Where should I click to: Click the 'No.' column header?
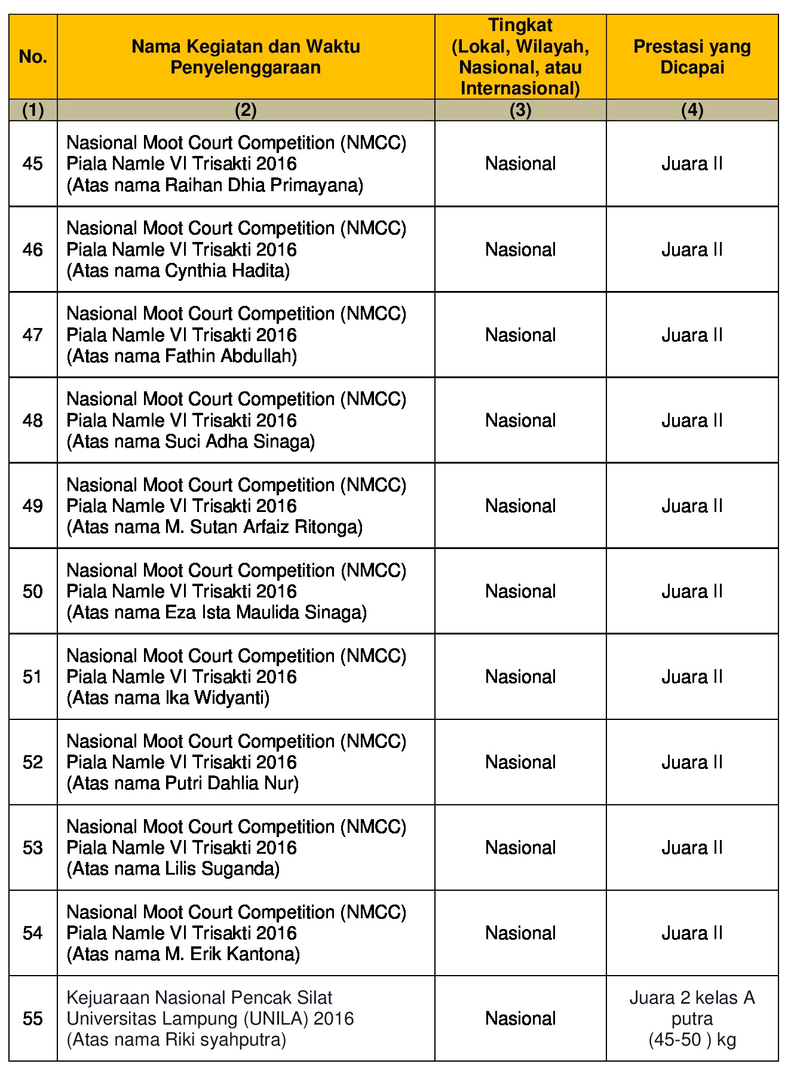point(33,57)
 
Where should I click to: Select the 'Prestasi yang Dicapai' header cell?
point(692,57)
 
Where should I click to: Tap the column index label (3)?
point(520,110)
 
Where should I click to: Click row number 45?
point(33,164)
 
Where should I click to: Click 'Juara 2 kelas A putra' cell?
point(692,1018)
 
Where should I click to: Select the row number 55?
point(33,1018)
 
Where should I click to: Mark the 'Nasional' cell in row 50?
point(520,591)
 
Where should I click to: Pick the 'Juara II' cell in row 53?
point(692,848)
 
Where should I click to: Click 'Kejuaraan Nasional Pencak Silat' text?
point(199,997)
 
